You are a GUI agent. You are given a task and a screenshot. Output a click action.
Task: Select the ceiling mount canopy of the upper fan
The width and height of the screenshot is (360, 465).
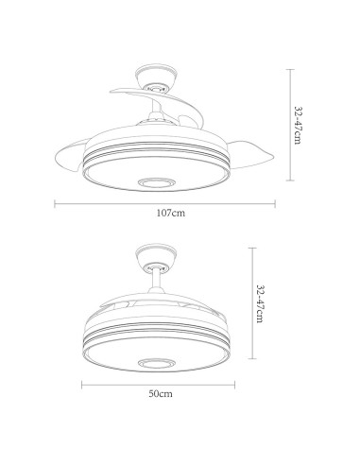click(x=154, y=75)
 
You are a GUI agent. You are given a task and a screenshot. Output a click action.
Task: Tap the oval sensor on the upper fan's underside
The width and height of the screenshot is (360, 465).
click(x=153, y=181)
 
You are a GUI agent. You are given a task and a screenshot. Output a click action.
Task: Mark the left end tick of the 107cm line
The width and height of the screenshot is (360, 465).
click(x=54, y=202)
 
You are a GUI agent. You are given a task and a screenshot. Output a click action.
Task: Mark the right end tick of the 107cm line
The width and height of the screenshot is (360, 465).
click(x=275, y=202)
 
